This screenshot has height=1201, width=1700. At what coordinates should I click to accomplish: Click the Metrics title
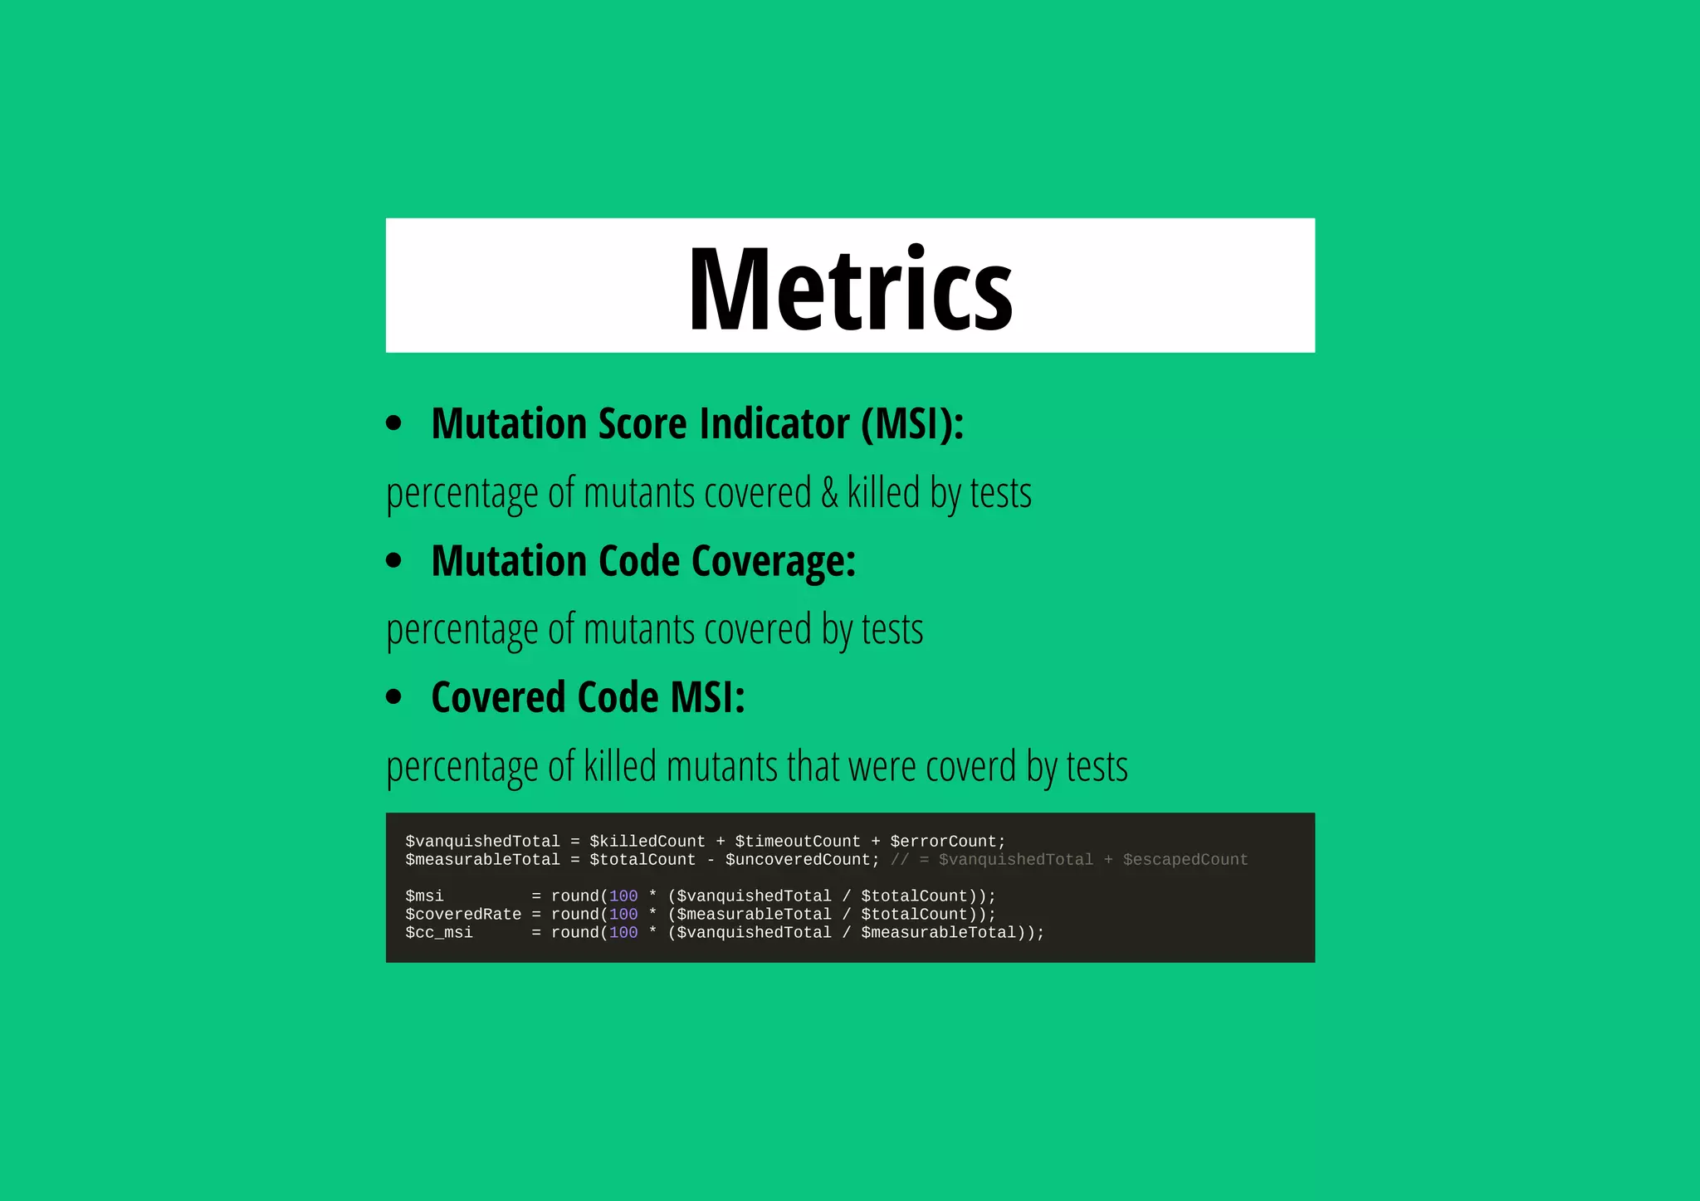click(850, 288)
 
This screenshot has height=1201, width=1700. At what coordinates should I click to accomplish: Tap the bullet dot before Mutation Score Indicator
click(394, 423)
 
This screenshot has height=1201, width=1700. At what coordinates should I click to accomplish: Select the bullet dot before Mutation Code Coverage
click(394, 560)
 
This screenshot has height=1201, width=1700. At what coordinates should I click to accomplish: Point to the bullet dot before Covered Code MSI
click(394, 696)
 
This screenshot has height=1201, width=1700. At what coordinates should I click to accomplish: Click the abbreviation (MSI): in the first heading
click(912, 424)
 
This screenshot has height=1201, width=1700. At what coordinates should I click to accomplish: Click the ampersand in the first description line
click(829, 493)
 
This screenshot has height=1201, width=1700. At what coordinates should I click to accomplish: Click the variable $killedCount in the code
click(647, 842)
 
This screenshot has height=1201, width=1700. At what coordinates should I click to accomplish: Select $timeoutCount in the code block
click(797, 842)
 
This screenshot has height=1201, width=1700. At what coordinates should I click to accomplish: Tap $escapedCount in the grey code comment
click(1185, 860)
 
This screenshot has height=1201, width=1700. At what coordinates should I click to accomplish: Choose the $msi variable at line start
click(424, 896)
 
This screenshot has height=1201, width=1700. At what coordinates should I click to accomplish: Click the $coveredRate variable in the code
click(463, 915)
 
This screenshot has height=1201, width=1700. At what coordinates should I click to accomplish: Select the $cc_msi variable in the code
click(439, 933)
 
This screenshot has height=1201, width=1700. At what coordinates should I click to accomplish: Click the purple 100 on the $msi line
click(623, 896)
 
